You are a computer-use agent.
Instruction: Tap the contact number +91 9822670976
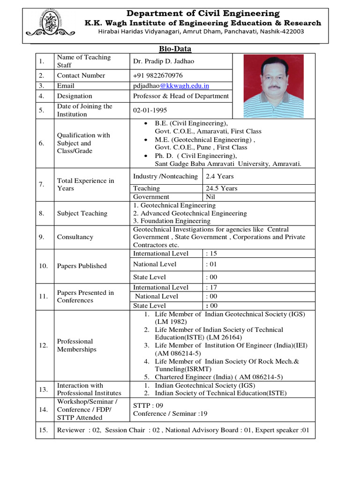[x=158, y=75]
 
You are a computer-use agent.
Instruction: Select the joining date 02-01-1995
[x=150, y=110]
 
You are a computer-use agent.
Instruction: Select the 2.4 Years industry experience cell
[x=219, y=176]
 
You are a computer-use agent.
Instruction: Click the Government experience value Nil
[x=210, y=197]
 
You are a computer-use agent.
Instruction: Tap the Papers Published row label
[x=82, y=266]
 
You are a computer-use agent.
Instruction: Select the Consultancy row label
[x=75, y=237]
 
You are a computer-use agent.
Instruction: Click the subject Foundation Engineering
[x=172, y=221]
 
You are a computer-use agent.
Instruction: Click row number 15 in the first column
[x=44, y=430]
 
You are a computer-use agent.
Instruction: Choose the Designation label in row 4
[x=75, y=96]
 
